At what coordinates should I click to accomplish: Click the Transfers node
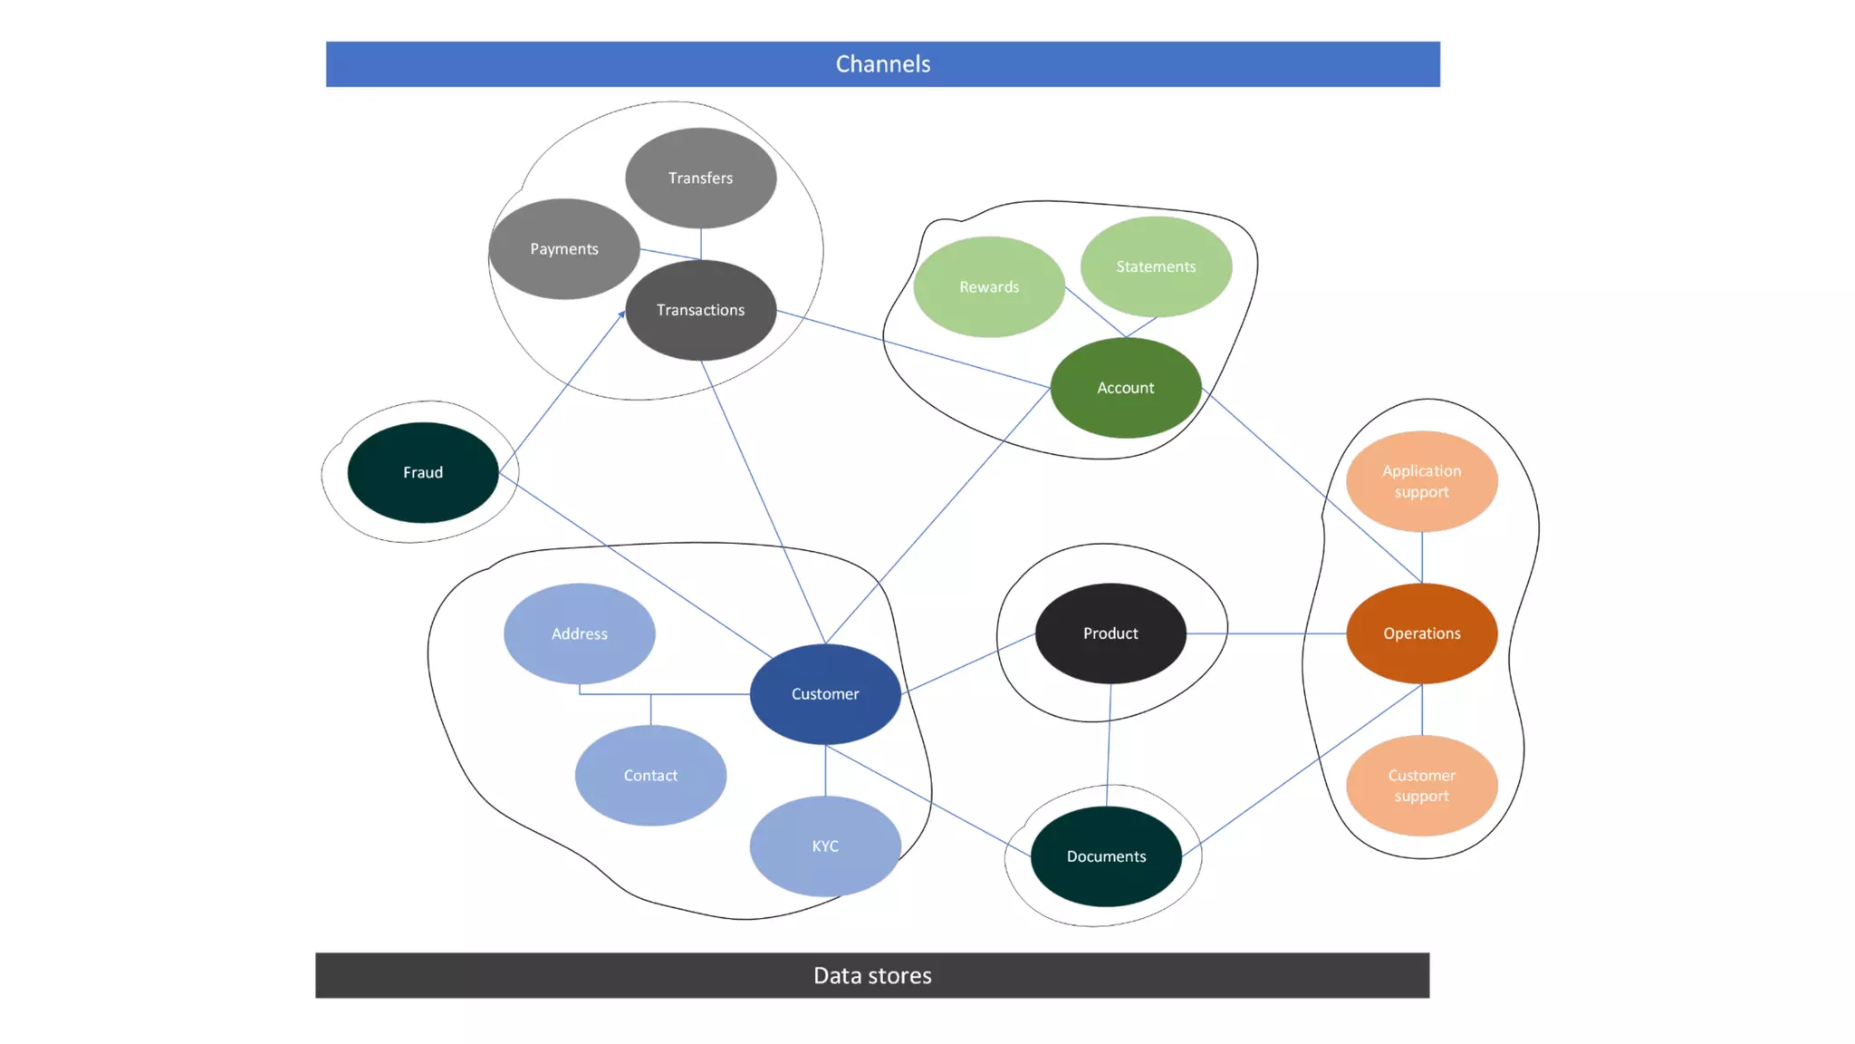click(700, 178)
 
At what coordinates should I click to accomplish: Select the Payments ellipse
click(563, 248)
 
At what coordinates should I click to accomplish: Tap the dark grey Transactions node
click(700, 310)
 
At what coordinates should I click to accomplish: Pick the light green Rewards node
click(989, 286)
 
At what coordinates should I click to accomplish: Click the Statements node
click(1156, 266)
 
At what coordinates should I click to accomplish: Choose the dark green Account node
click(1125, 388)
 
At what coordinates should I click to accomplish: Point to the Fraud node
click(423, 472)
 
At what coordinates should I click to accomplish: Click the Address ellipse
click(580, 633)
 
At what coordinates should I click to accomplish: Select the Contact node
click(650, 775)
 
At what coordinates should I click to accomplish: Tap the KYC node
click(825, 846)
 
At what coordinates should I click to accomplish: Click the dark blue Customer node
click(825, 694)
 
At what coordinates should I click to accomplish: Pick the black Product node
click(1110, 633)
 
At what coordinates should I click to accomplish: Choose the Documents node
click(1106, 856)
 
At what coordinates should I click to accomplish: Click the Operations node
click(1421, 633)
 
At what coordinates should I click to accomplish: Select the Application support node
click(1421, 481)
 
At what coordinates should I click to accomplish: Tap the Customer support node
click(1421, 786)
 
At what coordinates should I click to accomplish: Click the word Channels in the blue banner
click(882, 64)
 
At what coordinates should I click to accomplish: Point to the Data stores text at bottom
click(872, 976)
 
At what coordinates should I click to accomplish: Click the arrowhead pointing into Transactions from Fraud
click(622, 314)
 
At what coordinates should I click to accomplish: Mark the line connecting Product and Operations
click(1266, 633)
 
